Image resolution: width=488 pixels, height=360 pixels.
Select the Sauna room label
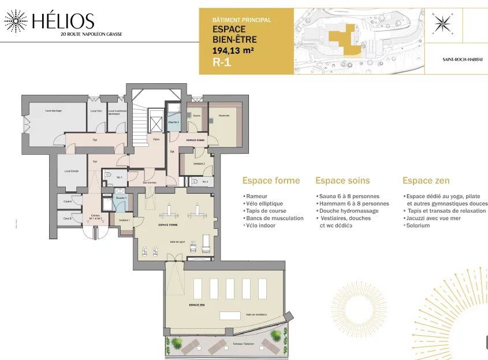coord(196,116)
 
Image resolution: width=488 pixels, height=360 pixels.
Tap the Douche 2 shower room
coord(174,122)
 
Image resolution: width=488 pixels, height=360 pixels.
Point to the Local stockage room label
coord(53,110)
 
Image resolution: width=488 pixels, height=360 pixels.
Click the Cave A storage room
coord(68,201)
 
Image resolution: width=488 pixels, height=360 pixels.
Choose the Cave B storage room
coord(68,218)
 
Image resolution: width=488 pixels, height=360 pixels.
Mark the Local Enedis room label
coord(72,171)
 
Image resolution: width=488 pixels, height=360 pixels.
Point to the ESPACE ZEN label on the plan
coord(197,304)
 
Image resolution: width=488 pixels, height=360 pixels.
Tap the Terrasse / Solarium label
coord(244,344)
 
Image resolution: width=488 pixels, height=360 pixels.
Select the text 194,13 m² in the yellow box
coord(233,51)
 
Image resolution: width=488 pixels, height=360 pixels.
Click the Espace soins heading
coord(342,181)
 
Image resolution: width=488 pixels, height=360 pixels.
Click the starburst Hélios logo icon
coord(16,21)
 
